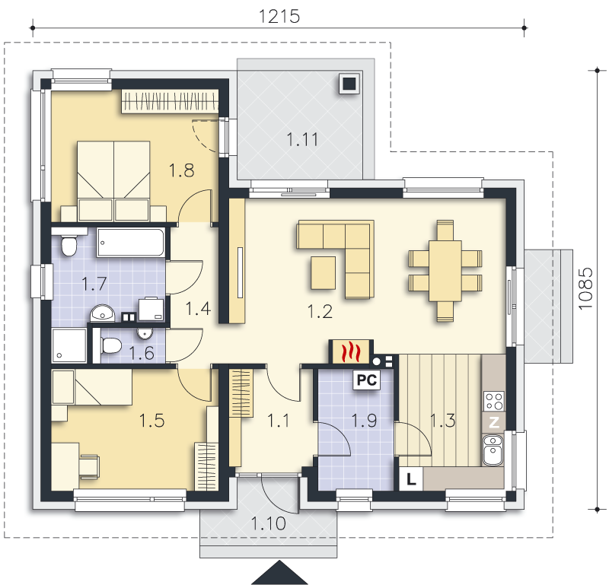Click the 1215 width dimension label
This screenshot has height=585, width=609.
[279, 16]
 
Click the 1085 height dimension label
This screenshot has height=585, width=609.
[585, 289]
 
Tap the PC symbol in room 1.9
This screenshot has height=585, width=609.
[366, 380]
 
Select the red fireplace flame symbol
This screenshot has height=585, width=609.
[351, 352]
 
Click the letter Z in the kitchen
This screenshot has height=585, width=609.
[493, 422]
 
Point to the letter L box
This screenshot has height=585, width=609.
[411, 479]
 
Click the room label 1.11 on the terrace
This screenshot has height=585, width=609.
[302, 139]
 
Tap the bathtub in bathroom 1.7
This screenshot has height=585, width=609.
[131, 243]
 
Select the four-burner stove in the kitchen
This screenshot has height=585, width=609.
[493, 402]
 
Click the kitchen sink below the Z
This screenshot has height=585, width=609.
[493, 450]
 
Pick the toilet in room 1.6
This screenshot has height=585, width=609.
[111, 345]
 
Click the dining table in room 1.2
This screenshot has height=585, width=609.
[445, 271]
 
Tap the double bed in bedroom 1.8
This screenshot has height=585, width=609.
[113, 181]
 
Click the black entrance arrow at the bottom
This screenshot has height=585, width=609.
[279, 573]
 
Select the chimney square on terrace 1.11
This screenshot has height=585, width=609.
[349, 84]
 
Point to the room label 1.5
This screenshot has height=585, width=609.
[151, 421]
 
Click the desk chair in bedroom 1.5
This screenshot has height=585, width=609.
[89, 466]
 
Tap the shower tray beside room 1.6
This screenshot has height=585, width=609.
[69, 345]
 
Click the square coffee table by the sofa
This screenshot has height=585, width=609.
[323, 273]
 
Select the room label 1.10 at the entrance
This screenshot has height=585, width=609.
[269, 523]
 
